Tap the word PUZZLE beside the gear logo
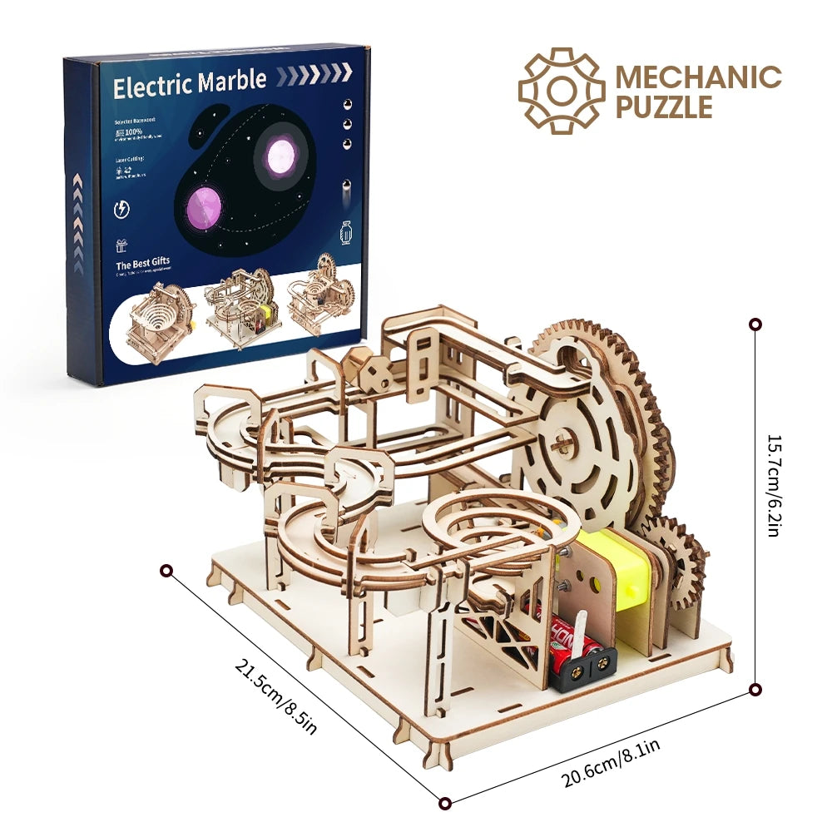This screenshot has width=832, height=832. [664, 107]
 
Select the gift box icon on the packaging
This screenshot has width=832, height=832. [122, 245]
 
